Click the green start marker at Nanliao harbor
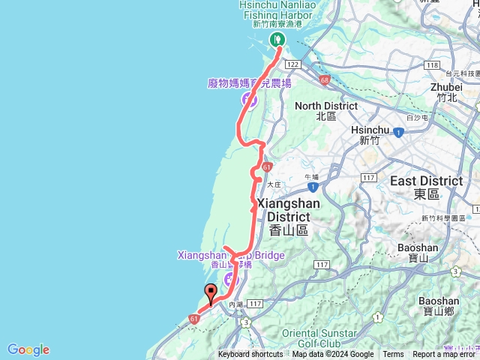(x=277, y=39)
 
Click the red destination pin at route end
(x=211, y=295)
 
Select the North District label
(x=326, y=110)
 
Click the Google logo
(x=28, y=349)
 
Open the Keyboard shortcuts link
(x=250, y=355)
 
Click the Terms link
(x=393, y=355)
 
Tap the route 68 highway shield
(x=324, y=79)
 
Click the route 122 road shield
(x=292, y=66)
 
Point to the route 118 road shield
(x=430, y=66)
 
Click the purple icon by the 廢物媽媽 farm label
(x=247, y=98)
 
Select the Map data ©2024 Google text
(x=333, y=355)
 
